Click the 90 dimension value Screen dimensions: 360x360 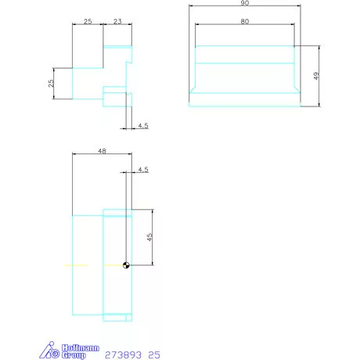click(x=245, y=3)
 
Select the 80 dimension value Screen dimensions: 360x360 click(x=245, y=21)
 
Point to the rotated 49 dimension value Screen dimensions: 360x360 click(x=316, y=76)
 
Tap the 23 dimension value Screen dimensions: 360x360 click(x=117, y=21)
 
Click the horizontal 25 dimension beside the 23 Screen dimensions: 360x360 click(x=88, y=21)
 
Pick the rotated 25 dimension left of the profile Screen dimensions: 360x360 click(x=51, y=83)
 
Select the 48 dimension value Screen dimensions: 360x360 click(x=102, y=151)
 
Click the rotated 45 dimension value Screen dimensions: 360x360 click(x=149, y=237)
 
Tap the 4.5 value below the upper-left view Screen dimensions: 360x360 click(x=143, y=125)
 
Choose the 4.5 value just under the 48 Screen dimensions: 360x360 click(x=143, y=170)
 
